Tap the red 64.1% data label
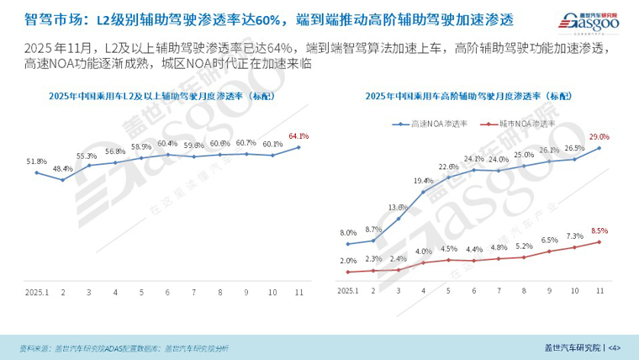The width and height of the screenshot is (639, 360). [x=298, y=135]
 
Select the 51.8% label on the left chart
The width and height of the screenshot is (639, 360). [x=36, y=161]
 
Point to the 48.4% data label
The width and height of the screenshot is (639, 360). [x=62, y=168]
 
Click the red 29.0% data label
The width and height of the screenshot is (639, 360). [x=599, y=136]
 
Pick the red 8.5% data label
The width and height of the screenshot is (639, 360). [x=599, y=230]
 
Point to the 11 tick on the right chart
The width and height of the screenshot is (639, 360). [x=599, y=290]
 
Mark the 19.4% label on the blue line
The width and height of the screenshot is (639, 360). [x=423, y=181]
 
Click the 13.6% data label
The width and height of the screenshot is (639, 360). [x=397, y=207]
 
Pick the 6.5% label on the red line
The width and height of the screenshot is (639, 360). [x=548, y=240]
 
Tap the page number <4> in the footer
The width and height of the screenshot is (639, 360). [x=614, y=347]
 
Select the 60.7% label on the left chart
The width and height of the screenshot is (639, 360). [x=246, y=142]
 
